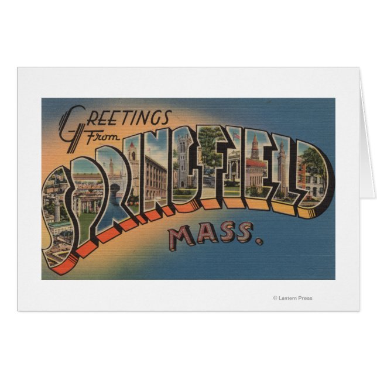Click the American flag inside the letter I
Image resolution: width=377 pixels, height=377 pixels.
tap(236, 136)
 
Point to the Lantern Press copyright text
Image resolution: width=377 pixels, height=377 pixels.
tap(293, 298)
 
